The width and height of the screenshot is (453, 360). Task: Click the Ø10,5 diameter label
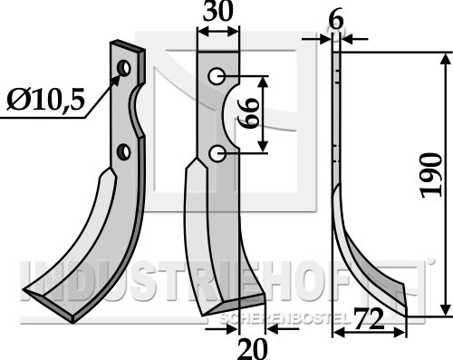[45, 100]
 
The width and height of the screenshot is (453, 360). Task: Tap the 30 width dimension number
[218, 11]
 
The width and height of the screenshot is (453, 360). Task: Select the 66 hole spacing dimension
[248, 114]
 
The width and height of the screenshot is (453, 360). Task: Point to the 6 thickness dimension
[336, 21]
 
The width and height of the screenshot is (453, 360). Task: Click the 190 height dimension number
[432, 175]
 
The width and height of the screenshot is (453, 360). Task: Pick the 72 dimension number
[369, 319]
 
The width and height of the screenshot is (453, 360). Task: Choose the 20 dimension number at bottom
[253, 349]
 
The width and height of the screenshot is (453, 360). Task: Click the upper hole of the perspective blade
[124, 68]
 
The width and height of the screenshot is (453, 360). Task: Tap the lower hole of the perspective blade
[123, 152]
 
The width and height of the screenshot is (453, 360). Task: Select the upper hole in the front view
[217, 76]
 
